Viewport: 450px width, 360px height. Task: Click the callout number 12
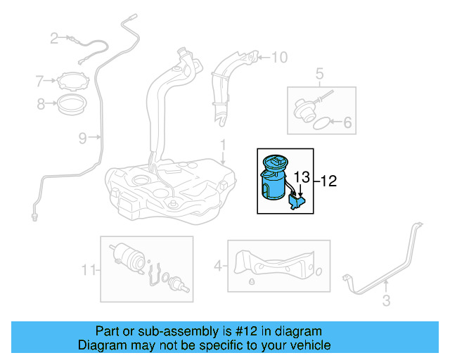[x=329, y=181]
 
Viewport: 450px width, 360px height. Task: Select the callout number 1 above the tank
[x=223, y=146]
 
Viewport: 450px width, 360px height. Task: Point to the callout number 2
[x=54, y=39]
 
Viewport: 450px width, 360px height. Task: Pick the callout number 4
[x=218, y=266]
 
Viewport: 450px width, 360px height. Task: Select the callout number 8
[x=41, y=105]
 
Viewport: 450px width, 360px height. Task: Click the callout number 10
[x=279, y=57]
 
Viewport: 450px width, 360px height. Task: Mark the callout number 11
[x=88, y=269]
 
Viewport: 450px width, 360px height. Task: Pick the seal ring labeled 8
[x=71, y=106]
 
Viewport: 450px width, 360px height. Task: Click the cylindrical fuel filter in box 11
[x=125, y=255]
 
